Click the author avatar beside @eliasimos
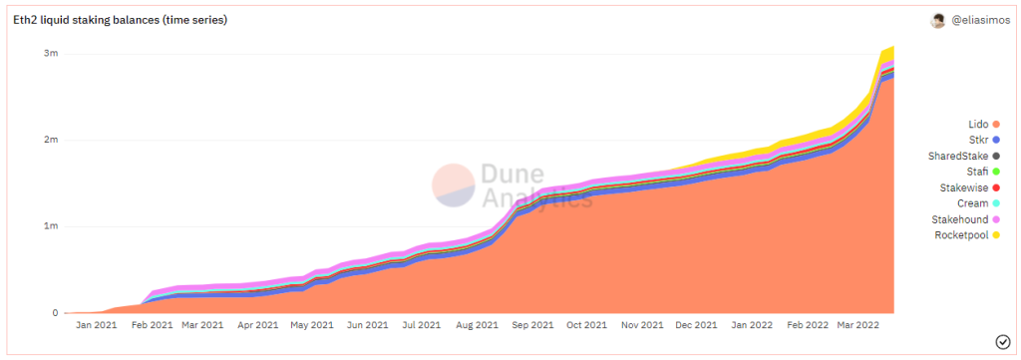[x=937, y=21]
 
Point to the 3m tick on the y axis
[x=50, y=54]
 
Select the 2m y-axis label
[x=50, y=140]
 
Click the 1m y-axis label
[x=51, y=226]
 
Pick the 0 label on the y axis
[x=56, y=313]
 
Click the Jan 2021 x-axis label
[x=96, y=325]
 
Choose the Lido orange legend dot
[x=996, y=125]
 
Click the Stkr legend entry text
[x=978, y=140]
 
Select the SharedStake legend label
[x=958, y=156]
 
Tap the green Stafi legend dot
[x=996, y=172]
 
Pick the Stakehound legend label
[x=960, y=219]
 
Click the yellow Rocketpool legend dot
[x=996, y=235]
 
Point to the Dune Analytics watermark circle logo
[x=454, y=185]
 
